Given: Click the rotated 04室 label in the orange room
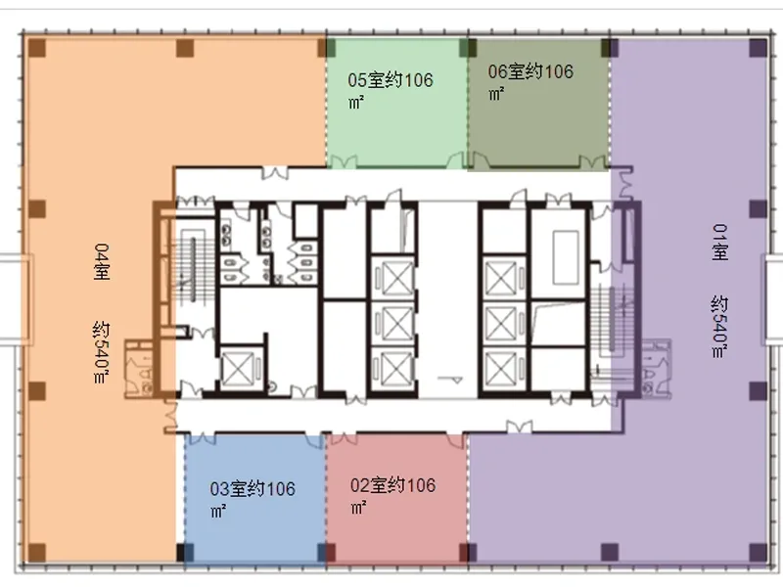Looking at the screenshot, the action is (x=102, y=261).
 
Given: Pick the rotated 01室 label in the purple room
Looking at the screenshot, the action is (x=719, y=242).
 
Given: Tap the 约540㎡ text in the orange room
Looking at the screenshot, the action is (x=101, y=352).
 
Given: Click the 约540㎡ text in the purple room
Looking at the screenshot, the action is (x=719, y=327).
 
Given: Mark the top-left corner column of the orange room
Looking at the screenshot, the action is (x=37, y=48).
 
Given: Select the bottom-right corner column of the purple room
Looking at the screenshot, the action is (x=758, y=552).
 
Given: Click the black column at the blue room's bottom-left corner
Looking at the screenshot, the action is (x=185, y=553).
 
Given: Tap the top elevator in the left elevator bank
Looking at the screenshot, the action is (x=395, y=278).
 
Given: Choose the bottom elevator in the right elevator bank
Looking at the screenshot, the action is (x=501, y=369).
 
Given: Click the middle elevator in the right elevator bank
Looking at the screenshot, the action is (x=501, y=324).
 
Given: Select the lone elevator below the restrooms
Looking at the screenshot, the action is (x=239, y=369).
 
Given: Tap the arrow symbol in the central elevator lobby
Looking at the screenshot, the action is (x=450, y=380).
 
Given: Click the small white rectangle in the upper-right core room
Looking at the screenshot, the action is (x=566, y=257).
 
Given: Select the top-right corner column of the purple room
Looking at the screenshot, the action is (x=758, y=48).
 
